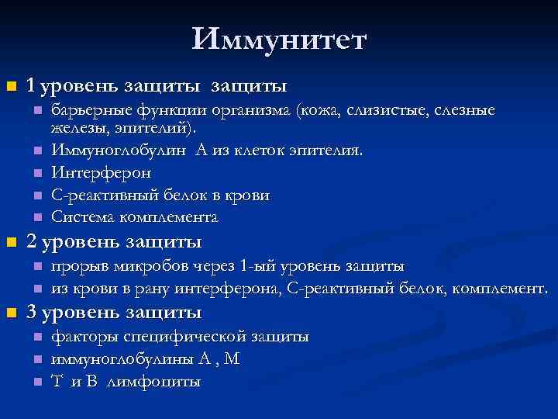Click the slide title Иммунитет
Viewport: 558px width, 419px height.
(279, 40)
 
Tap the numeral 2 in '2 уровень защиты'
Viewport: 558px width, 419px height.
(32, 243)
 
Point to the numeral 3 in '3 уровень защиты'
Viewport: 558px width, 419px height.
(32, 313)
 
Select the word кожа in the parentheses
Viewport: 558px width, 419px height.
(319, 110)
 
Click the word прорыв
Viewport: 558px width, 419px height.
(77, 267)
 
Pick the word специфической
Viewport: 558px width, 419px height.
(181, 337)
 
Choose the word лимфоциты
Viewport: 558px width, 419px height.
(154, 382)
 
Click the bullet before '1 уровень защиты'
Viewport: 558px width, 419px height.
(11, 84)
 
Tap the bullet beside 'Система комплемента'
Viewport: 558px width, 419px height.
(36, 217)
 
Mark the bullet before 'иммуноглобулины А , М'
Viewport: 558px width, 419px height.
(36, 359)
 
